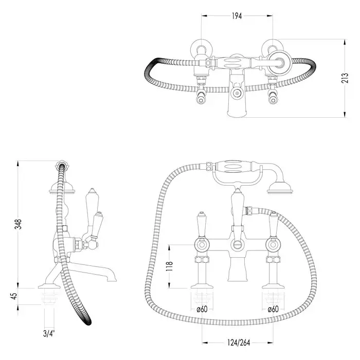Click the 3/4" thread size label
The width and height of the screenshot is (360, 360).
49,333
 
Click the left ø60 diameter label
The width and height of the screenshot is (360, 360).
202,309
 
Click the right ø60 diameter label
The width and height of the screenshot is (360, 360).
274,309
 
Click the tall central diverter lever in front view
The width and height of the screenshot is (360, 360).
237,208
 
